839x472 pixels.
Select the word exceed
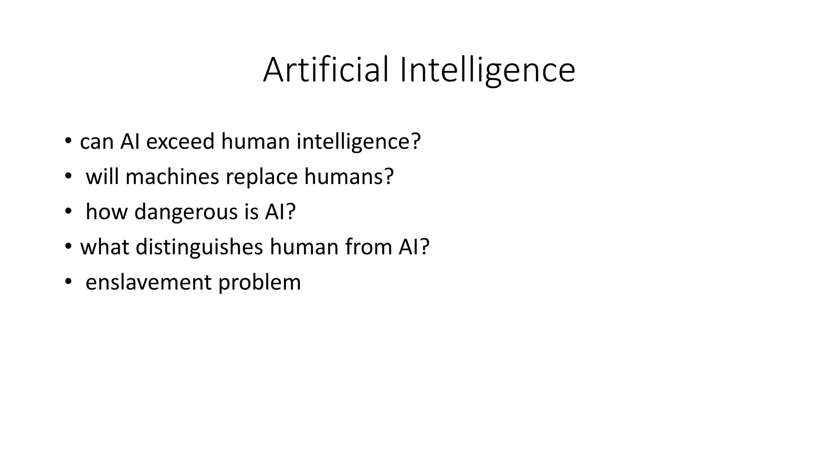pos(180,141)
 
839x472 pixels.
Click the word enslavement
pos(148,282)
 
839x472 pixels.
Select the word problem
pos(259,282)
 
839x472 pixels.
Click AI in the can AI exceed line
pos(130,141)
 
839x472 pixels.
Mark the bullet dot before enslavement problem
pos(68,282)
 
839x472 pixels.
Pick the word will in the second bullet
pos(102,177)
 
